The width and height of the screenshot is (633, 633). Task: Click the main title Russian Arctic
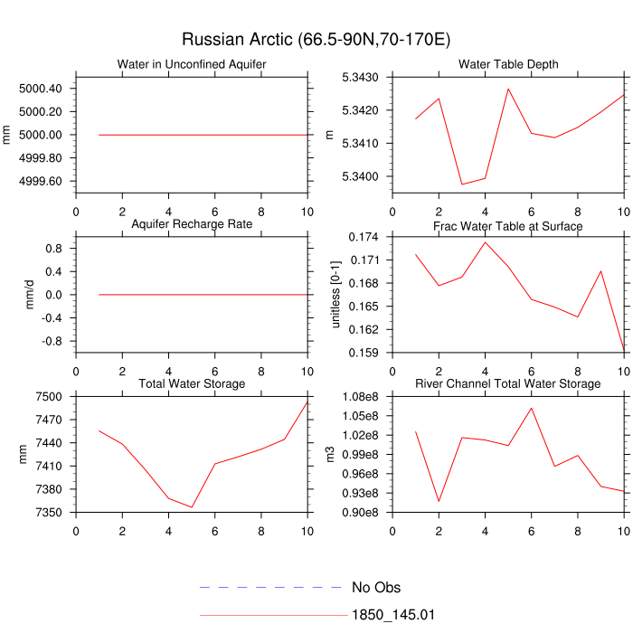point(316,40)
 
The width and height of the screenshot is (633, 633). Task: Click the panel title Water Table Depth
point(508,64)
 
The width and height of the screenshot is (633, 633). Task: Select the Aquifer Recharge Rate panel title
point(192,223)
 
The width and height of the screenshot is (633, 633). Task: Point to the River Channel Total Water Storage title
point(508,383)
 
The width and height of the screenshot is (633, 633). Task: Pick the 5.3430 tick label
point(359,78)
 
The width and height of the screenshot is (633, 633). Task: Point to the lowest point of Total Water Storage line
point(192,507)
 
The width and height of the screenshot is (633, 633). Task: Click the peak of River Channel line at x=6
point(531,408)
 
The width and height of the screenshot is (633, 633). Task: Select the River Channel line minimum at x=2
point(439,501)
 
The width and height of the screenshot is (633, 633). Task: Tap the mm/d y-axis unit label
point(30,295)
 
